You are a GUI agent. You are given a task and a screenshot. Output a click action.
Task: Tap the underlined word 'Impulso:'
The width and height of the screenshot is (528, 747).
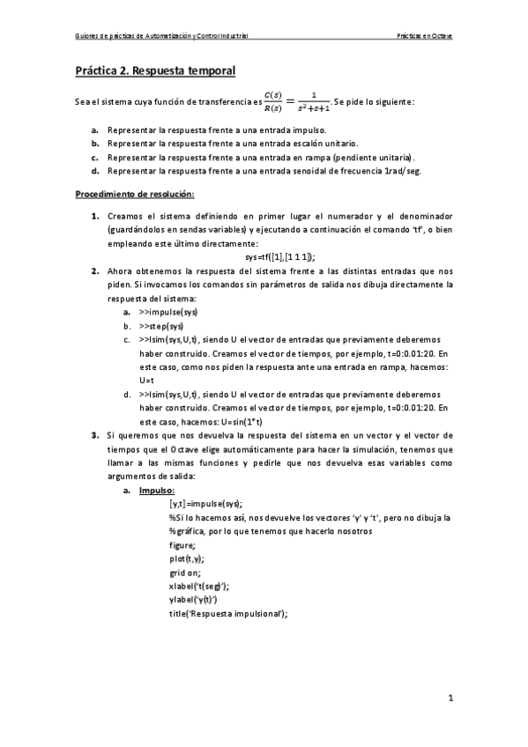coord(157,490)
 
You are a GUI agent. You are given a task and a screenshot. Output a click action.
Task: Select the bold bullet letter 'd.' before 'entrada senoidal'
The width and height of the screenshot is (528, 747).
coord(94,171)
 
